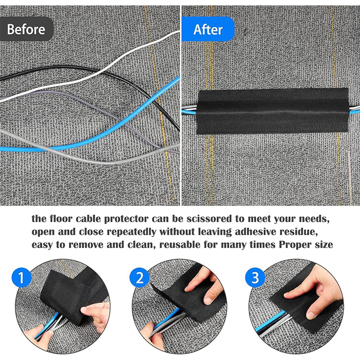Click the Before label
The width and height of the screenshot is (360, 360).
click(26, 29)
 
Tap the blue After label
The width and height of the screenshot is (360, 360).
click(208, 29)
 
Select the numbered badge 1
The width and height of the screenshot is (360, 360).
click(21, 277)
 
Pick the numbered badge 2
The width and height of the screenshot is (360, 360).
click(139, 277)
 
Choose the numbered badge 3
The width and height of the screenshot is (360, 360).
click(255, 277)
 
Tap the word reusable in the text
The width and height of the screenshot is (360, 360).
click(180, 245)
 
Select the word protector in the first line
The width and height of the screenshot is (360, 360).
click(126, 219)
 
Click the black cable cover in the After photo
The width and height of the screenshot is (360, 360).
click(273, 111)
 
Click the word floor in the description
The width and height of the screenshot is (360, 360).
click(61, 219)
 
